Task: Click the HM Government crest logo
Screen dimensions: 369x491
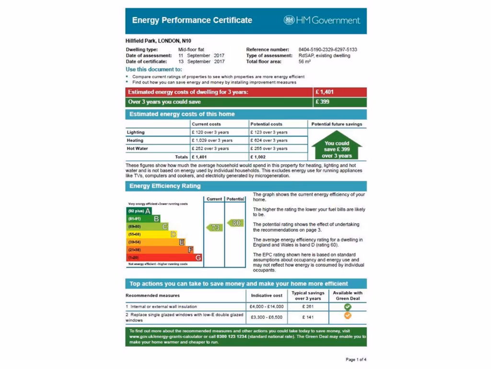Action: click(x=289, y=20)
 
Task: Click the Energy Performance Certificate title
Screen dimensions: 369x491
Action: click(x=192, y=20)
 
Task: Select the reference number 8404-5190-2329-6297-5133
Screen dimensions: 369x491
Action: click(x=327, y=49)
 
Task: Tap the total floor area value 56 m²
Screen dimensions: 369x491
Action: click(x=304, y=61)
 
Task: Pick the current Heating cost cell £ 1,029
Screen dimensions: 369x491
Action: click(x=212, y=140)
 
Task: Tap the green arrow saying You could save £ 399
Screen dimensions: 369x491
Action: click(x=337, y=147)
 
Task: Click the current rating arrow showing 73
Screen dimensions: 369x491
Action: click(x=214, y=228)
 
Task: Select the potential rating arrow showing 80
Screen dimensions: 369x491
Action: click(x=235, y=223)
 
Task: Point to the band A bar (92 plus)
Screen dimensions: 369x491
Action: click(x=139, y=211)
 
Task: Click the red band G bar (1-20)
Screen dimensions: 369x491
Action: click(x=164, y=258)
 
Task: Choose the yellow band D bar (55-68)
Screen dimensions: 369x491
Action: click(x=151, y=234)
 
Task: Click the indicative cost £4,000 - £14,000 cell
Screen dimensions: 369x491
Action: click(x=267, y=307)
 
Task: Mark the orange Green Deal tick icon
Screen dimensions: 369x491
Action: click(x=348, y=316)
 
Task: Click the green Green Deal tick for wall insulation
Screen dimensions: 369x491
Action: click(x=348, y=307)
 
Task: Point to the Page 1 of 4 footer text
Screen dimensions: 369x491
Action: click(x=356, y=359)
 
